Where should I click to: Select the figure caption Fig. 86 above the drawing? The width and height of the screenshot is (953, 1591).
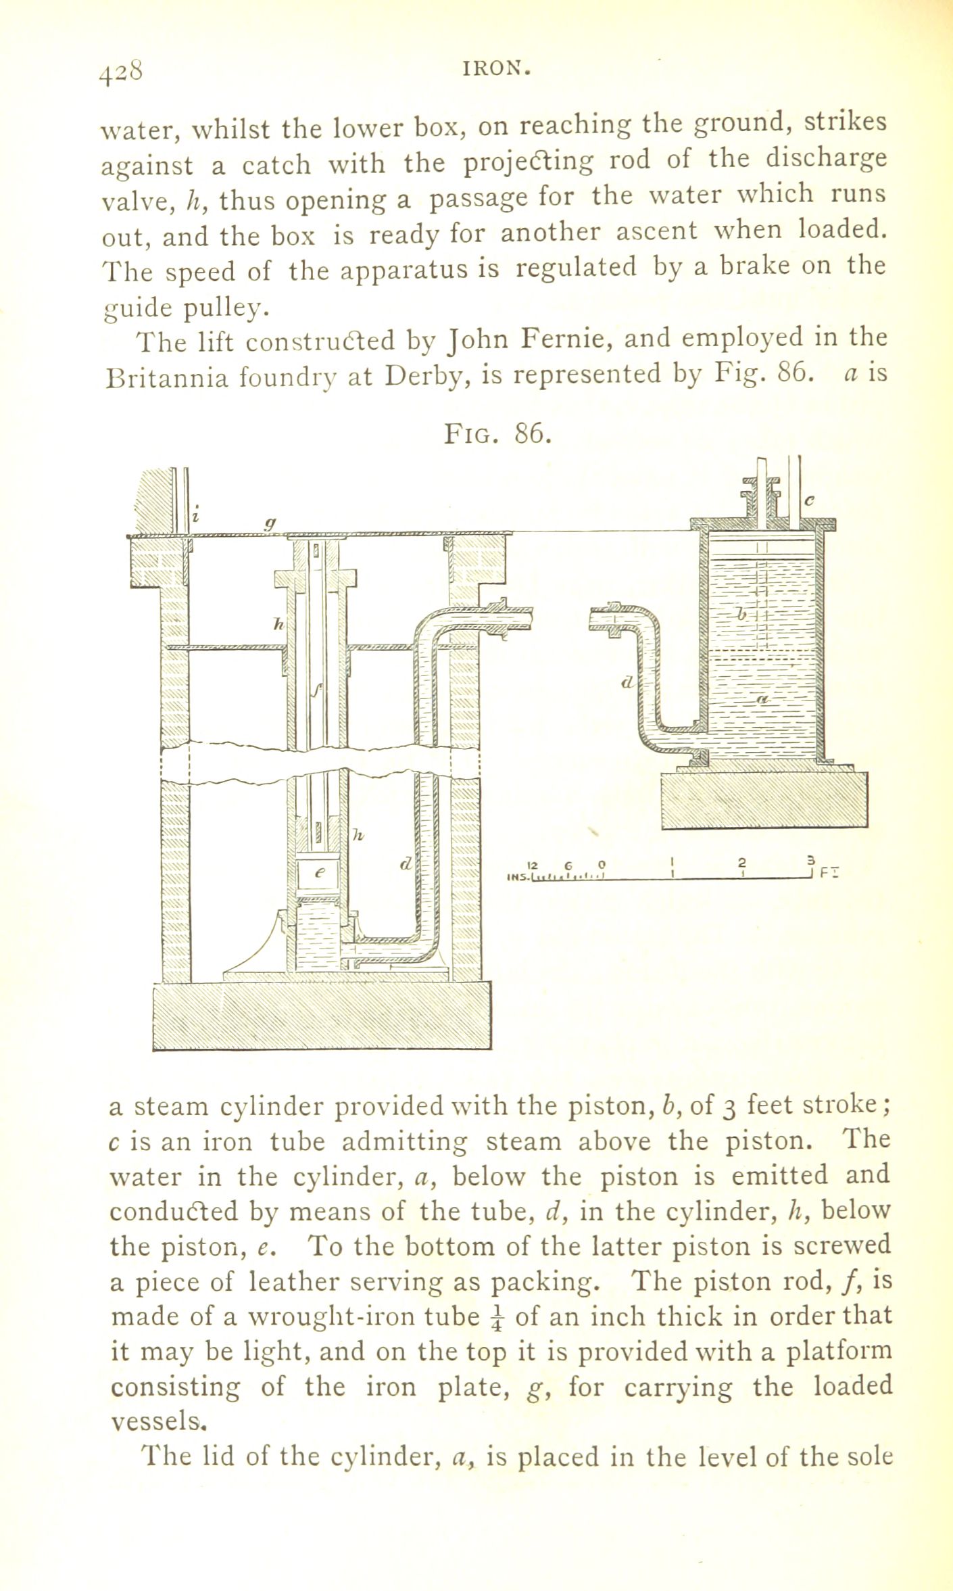tap(498, 433)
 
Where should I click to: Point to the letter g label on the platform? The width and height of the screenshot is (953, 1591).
tap(270, 522)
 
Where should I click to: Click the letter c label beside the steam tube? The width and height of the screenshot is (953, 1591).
tap(810, 500)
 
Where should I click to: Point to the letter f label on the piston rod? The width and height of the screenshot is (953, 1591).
tap(316, 690)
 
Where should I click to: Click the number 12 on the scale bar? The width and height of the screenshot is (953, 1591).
tap(531, 864)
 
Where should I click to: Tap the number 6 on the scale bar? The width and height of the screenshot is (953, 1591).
tap(569, 864)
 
